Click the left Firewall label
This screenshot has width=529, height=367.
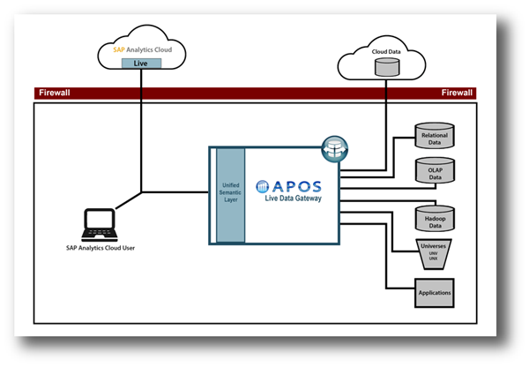click(x=54, y=93)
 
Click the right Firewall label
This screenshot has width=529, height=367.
click(x=457, y=93)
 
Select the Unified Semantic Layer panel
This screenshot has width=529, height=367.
click(x=230, y=195)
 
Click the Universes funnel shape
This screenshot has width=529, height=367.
click(x=434, y=253)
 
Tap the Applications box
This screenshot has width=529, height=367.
click(x=434, y=292)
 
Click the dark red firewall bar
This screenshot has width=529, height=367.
click(x=256, y=93)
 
